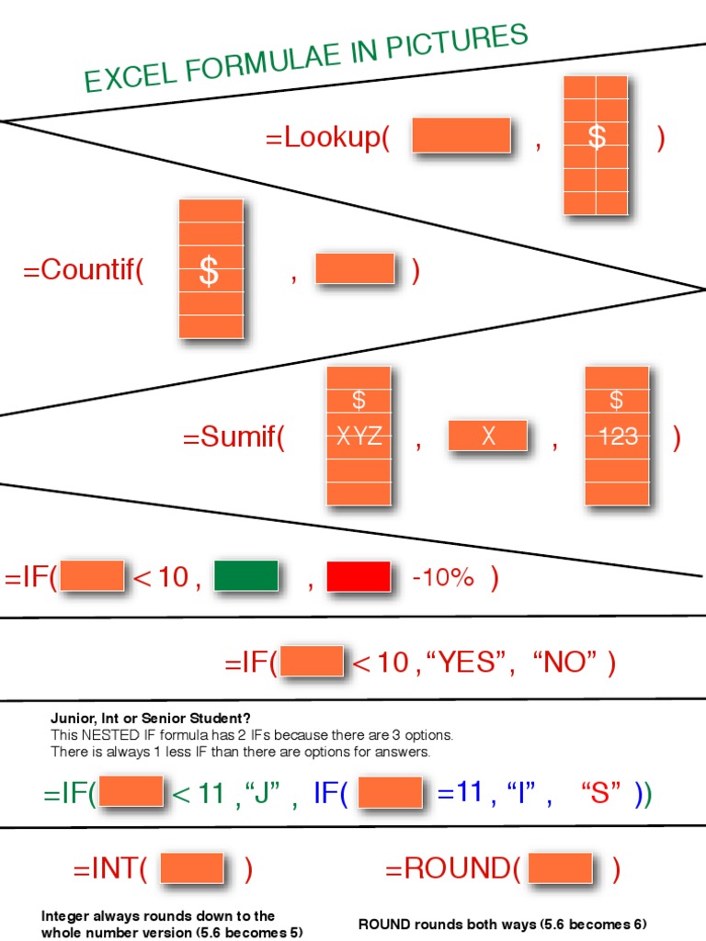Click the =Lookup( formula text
(x=327, y=138)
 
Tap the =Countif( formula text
(x=84, y=271)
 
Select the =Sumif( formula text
(x=233, y=437)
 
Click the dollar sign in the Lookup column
(x=597, y=137)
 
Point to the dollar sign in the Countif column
(x=210, y=272)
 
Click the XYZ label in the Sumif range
(x=359, y=437)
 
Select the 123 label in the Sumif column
(x=617, y=437)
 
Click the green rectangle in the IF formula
(x=245, y=576)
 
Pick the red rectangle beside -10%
(x=359, y=576)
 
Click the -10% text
(x=443, y=578)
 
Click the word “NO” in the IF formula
(x=565, y=663)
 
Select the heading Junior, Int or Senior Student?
(x=150, y=718)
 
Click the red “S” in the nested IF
(x=601, y=793)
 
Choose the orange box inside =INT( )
(x=192, y=868)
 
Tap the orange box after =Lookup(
(x=461, y=135)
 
